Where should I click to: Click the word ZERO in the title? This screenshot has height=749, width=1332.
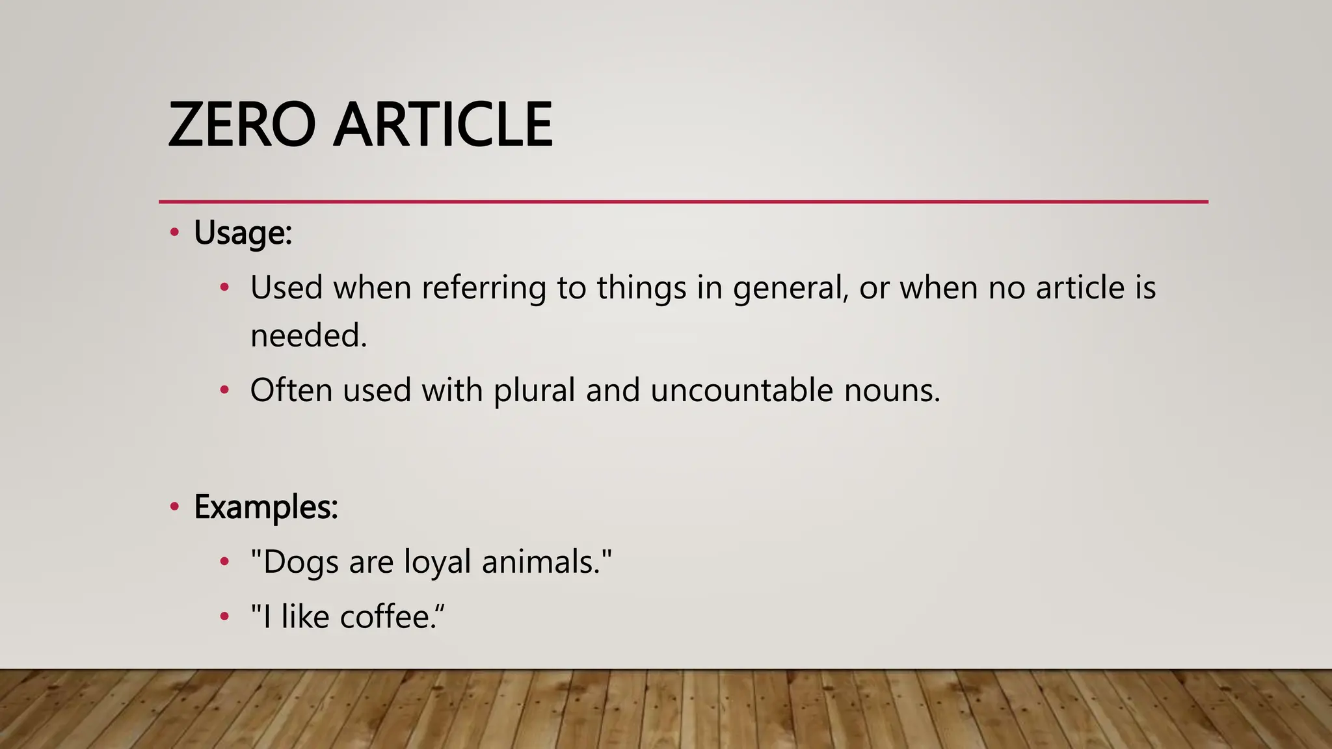pos(242,124)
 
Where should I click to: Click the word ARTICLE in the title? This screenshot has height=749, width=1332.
pos(443,124)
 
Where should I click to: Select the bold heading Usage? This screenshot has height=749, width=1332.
pos(243,233)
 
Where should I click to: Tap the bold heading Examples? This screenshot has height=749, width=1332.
pos(266,506)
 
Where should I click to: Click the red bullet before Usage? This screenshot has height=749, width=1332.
pos(174,233)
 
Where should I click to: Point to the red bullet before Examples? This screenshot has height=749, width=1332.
pos(174,506)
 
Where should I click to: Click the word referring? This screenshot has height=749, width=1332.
pos(484,288)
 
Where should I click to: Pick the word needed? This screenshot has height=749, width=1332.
pos(308,336)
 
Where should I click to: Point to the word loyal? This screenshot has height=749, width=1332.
pos(437,562)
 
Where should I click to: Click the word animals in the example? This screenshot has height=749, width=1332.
pos(540,562)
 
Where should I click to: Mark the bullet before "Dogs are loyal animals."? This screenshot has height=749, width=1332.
pos(224,562)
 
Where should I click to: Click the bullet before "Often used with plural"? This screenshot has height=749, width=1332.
pos(224,390)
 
